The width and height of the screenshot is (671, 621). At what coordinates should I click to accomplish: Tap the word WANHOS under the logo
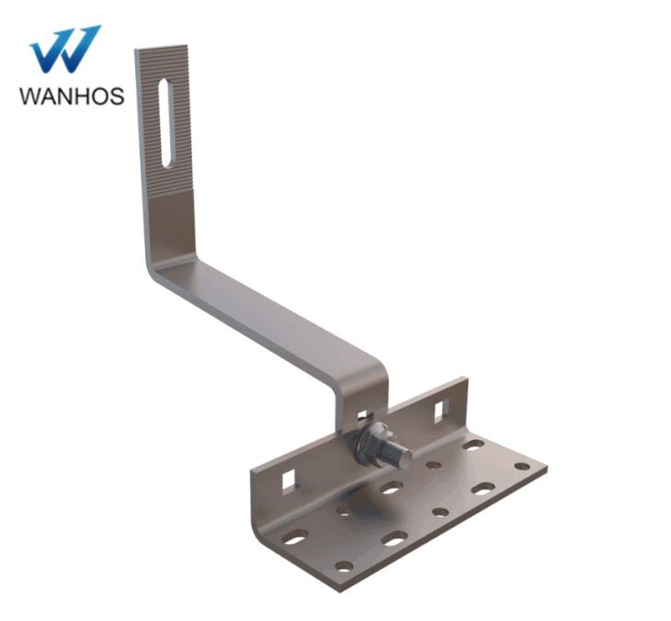point(71,96)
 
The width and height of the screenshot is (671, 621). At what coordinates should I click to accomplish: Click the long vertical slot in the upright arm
point(165,123)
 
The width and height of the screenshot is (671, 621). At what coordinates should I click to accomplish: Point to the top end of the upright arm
point(162,51)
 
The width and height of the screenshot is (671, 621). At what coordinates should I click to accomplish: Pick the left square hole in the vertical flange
point(289,480)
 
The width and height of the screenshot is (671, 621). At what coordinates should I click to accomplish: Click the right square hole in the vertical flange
point(439,408)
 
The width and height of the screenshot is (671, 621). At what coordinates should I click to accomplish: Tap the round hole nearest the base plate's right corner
point(521,466)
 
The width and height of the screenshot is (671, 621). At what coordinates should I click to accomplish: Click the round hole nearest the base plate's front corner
point(343,566)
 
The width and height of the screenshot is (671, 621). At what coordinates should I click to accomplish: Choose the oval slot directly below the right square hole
point(473,445)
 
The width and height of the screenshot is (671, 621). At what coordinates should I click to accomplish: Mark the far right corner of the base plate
point(546,468)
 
